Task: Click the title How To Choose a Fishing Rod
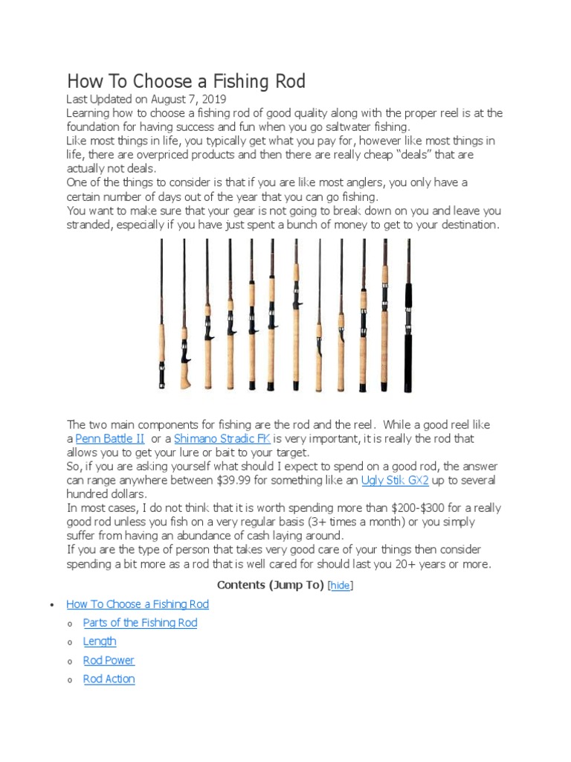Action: click(x=186, y=81)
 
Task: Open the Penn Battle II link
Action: click(x=110, y=438)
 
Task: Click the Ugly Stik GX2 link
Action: click(x=395, y=480)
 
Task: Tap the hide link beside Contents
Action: click(x=341, y=586)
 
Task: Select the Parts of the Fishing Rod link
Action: click(x=140, y=622)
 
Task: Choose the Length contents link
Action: click(x=100, y=641)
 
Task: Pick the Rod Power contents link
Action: click(x=109, y=660)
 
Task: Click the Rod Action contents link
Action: click(x=109, y=679)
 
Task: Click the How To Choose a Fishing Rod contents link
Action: click(x=138, y=604)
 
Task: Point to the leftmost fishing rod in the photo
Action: click(x=162, y=320)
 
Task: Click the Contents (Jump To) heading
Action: click(x=271, y=586)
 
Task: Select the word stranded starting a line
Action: click(x=91, y=225)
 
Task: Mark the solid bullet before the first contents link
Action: click(x=48, y=605)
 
